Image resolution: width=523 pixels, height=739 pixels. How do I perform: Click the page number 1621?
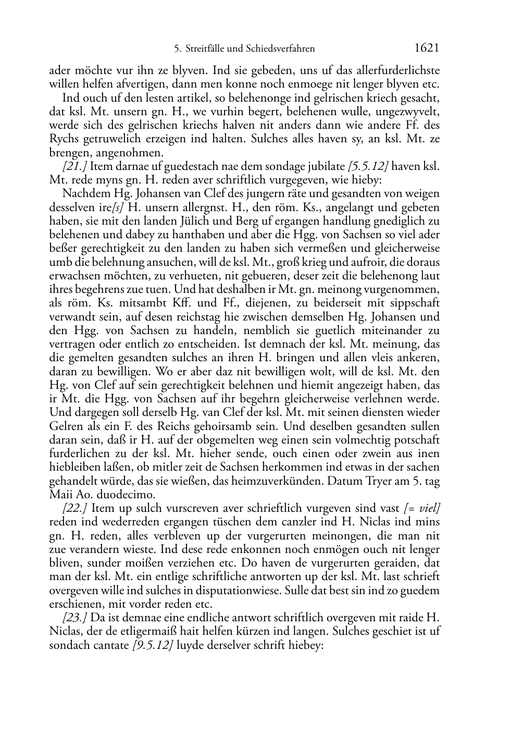(x=427, y=48)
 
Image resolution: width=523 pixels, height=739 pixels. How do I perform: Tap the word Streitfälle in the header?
(x=205, y=49)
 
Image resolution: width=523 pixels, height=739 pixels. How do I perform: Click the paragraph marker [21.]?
(x=74, y=167)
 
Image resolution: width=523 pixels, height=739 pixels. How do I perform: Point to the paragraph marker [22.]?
(x=74, y=508)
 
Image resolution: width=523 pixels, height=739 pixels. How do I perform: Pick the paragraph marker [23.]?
(x=74, y=618)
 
